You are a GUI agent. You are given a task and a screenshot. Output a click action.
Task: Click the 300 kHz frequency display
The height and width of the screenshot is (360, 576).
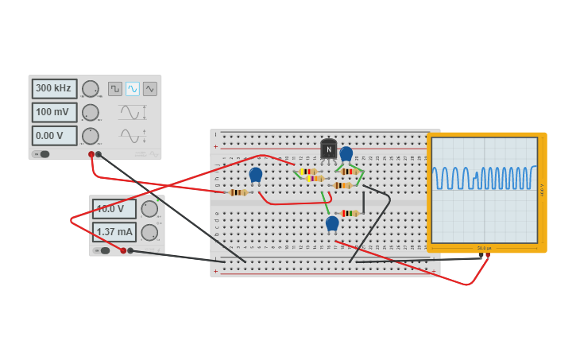click(54, 88)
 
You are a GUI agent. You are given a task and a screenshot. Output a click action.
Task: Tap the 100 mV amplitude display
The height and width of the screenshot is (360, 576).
click(54, 112)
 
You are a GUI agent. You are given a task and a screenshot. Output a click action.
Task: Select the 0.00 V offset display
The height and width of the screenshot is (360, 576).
click(54, 136)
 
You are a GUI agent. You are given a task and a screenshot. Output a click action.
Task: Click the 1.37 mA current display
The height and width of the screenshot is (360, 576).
click(114, 232)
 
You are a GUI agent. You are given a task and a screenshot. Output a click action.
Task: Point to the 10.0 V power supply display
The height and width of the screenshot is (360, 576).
click(114, 209)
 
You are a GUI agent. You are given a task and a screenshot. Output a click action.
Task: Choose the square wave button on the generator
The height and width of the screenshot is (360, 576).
click(115, 89)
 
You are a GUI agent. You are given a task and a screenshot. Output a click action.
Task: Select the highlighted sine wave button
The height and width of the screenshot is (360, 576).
click(133, 89)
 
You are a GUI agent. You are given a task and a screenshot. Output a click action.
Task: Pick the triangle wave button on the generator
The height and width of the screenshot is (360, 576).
click(150, 89)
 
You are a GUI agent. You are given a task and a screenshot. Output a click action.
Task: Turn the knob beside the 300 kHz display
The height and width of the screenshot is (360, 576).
click(91, 89)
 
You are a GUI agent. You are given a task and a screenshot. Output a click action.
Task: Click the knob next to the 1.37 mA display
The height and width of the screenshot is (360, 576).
click(149, 232)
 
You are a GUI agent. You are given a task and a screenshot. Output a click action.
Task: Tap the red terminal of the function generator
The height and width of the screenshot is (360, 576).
click(91, 154)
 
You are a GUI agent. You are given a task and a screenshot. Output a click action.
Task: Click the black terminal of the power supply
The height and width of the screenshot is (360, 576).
click(130, 251)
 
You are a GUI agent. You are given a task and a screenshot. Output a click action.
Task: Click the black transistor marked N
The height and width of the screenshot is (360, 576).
click(328, 149)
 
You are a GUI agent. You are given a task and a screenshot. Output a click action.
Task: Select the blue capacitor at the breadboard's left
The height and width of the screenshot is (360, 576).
click(255, 174)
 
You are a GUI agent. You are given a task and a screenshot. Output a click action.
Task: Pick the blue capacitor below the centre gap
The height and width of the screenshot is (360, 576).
click(332, 223)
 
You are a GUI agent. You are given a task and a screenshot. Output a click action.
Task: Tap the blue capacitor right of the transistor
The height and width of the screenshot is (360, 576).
click(346, 153)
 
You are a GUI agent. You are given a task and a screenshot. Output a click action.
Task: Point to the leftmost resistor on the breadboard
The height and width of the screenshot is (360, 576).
click(238, 192)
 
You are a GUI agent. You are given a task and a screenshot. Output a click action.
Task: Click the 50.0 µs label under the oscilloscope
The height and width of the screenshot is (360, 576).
click(484, 248)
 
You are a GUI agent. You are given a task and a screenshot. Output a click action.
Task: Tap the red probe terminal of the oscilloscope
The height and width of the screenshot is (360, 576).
click(480, 257)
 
